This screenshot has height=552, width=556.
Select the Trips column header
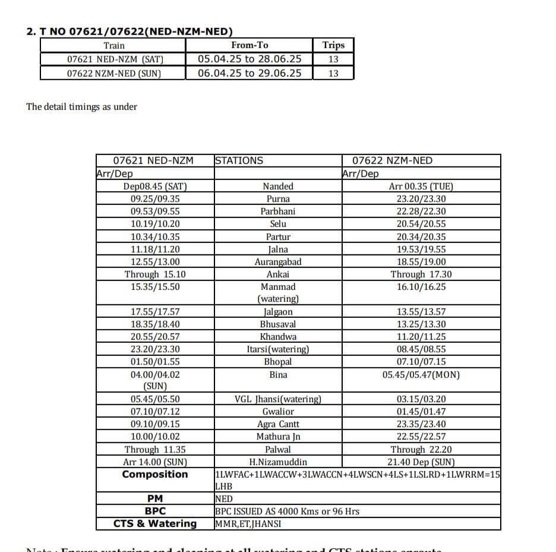(x=333, y=45)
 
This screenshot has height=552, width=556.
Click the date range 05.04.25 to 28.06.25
(x=249, y=59)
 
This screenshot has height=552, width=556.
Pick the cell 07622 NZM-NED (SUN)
(x=113, y=73)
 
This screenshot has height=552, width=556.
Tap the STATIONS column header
(x=239, y=160)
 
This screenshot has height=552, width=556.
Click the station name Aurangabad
(x=278, y=261)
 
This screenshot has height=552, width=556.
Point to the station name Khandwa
(x=278, y=337)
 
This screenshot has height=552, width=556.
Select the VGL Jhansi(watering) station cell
(x=278, y=399)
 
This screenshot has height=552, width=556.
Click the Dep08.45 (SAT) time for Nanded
(x=155, y=186)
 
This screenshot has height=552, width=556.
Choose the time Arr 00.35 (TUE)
(x=421, y=186)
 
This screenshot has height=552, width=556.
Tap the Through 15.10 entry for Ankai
(x=155, y=274)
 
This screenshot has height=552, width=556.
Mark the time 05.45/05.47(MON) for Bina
(x=421, y=374)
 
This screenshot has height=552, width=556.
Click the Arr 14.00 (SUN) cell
(x=155, y=462)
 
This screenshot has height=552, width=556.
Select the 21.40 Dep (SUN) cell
(x=421, y=462)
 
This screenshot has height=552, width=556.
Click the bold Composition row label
(x=155, y=474)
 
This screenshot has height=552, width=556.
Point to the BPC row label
(x=155, y=511)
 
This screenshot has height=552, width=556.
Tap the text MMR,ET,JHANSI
(x=248, y=523)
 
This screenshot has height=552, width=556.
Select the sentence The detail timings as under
(x=81, y=107)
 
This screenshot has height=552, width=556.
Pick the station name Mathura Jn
(x=278, y=437)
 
